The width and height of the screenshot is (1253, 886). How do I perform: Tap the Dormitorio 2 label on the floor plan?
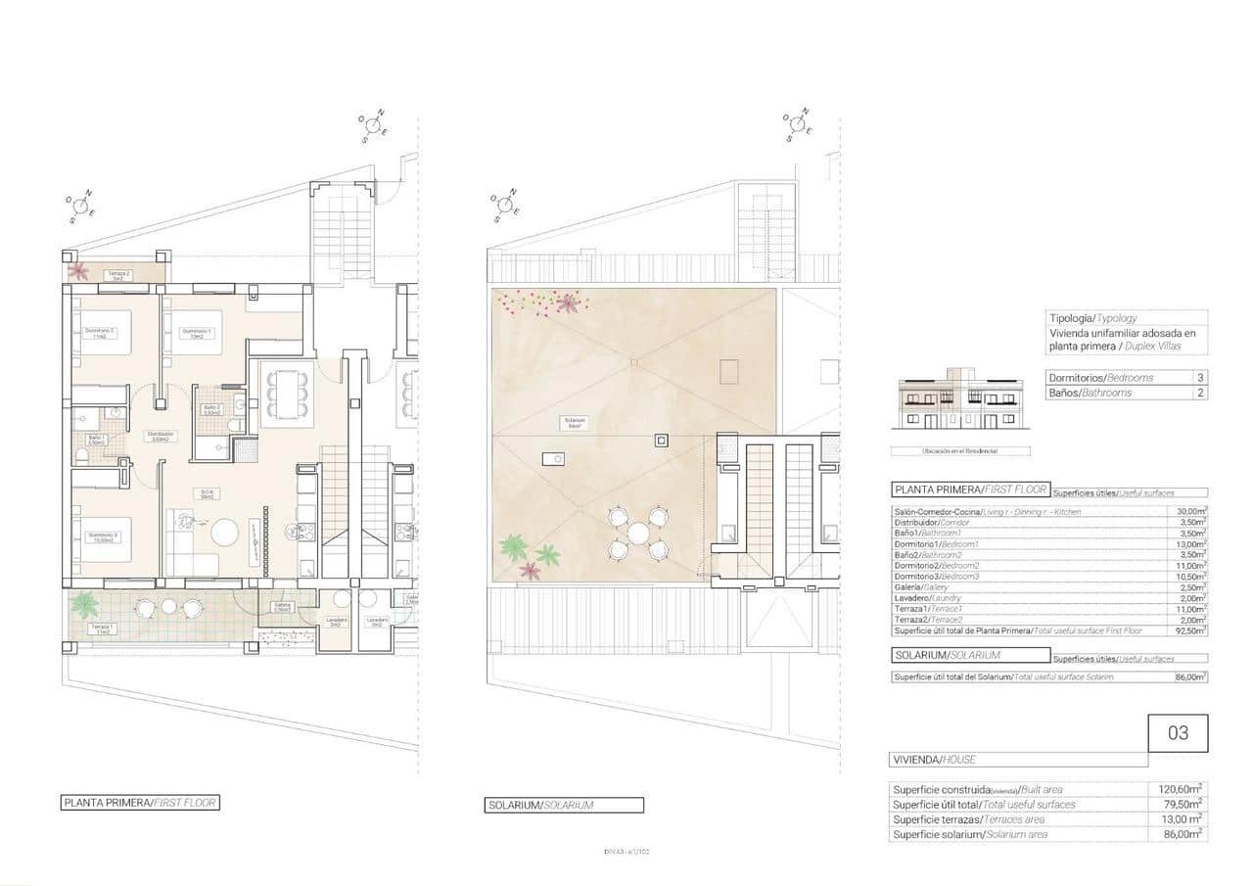[x=100, y=334]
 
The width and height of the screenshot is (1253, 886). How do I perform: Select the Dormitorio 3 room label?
[x=102, y=537]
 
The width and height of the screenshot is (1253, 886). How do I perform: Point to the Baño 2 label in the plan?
[x=211, y=410]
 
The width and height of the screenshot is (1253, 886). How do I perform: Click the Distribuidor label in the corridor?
[x=160, y=437]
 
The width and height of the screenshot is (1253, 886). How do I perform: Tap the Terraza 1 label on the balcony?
[x=101, y=629]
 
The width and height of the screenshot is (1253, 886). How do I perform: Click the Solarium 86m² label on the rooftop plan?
[x=573, y=423]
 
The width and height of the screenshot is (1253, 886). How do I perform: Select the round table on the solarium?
[x=638, y=534]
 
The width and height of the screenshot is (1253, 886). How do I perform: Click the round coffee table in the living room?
[x=226, y=533]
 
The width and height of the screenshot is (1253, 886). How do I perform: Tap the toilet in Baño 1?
[x=81, y=457]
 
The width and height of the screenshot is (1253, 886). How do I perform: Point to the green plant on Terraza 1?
[x=84, y=602]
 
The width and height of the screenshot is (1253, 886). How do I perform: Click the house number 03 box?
[x=1178, y=733]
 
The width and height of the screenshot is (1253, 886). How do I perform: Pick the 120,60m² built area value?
[x=1186, y=789]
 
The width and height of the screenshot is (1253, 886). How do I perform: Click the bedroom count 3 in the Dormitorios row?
[x=1199, y=378]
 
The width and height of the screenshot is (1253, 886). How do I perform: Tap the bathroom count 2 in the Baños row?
[x=1199, y=393]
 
